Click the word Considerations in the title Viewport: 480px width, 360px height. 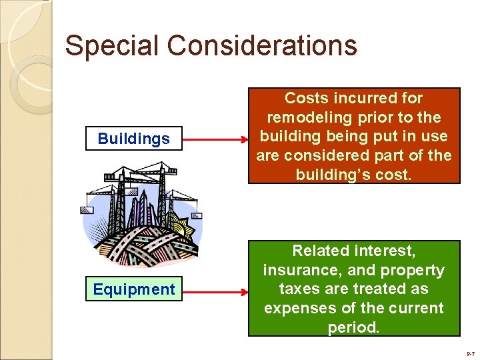pyautogui.click(x=262, y=46)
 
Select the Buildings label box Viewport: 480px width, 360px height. pyautogui.click(x=133, y=139)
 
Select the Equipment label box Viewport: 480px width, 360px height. pyautogui.click(x=133, y=289)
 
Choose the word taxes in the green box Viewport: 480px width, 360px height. pyautogui.click(x=298, y=289)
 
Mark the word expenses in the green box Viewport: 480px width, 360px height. pyautogui.click(x=297, y=308)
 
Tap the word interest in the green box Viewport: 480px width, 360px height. pyautogui.click(x=386, y=251)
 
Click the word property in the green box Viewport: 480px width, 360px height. pyautogui.click(x=412, y=270)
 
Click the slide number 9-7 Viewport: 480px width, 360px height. pyautogui.click(x=471, y=354)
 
